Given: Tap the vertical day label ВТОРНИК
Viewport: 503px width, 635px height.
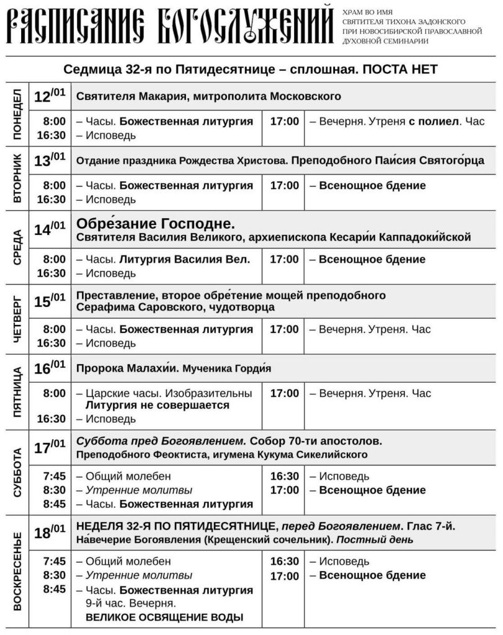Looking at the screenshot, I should (x=17, y=177).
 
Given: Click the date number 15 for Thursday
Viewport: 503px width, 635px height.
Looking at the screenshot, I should (x=42, y=302).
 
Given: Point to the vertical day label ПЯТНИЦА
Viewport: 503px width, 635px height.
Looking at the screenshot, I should (x=17, y=391).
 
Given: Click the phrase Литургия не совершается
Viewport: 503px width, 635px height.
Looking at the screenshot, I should (x=158, y=405).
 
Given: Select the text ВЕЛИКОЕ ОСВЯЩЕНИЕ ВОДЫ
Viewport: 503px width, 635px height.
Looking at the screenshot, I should (x=164, y=617).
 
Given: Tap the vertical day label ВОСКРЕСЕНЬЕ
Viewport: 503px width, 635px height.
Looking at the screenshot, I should (x=17, y=571).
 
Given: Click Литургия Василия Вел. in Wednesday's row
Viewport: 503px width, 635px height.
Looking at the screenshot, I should (x=184, y=259).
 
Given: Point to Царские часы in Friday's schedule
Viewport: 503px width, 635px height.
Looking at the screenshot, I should (x=116, y=393).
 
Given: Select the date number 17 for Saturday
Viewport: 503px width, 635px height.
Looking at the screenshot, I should (x=42, y=448).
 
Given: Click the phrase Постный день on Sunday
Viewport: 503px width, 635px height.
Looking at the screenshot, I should (x=385, y=540).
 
